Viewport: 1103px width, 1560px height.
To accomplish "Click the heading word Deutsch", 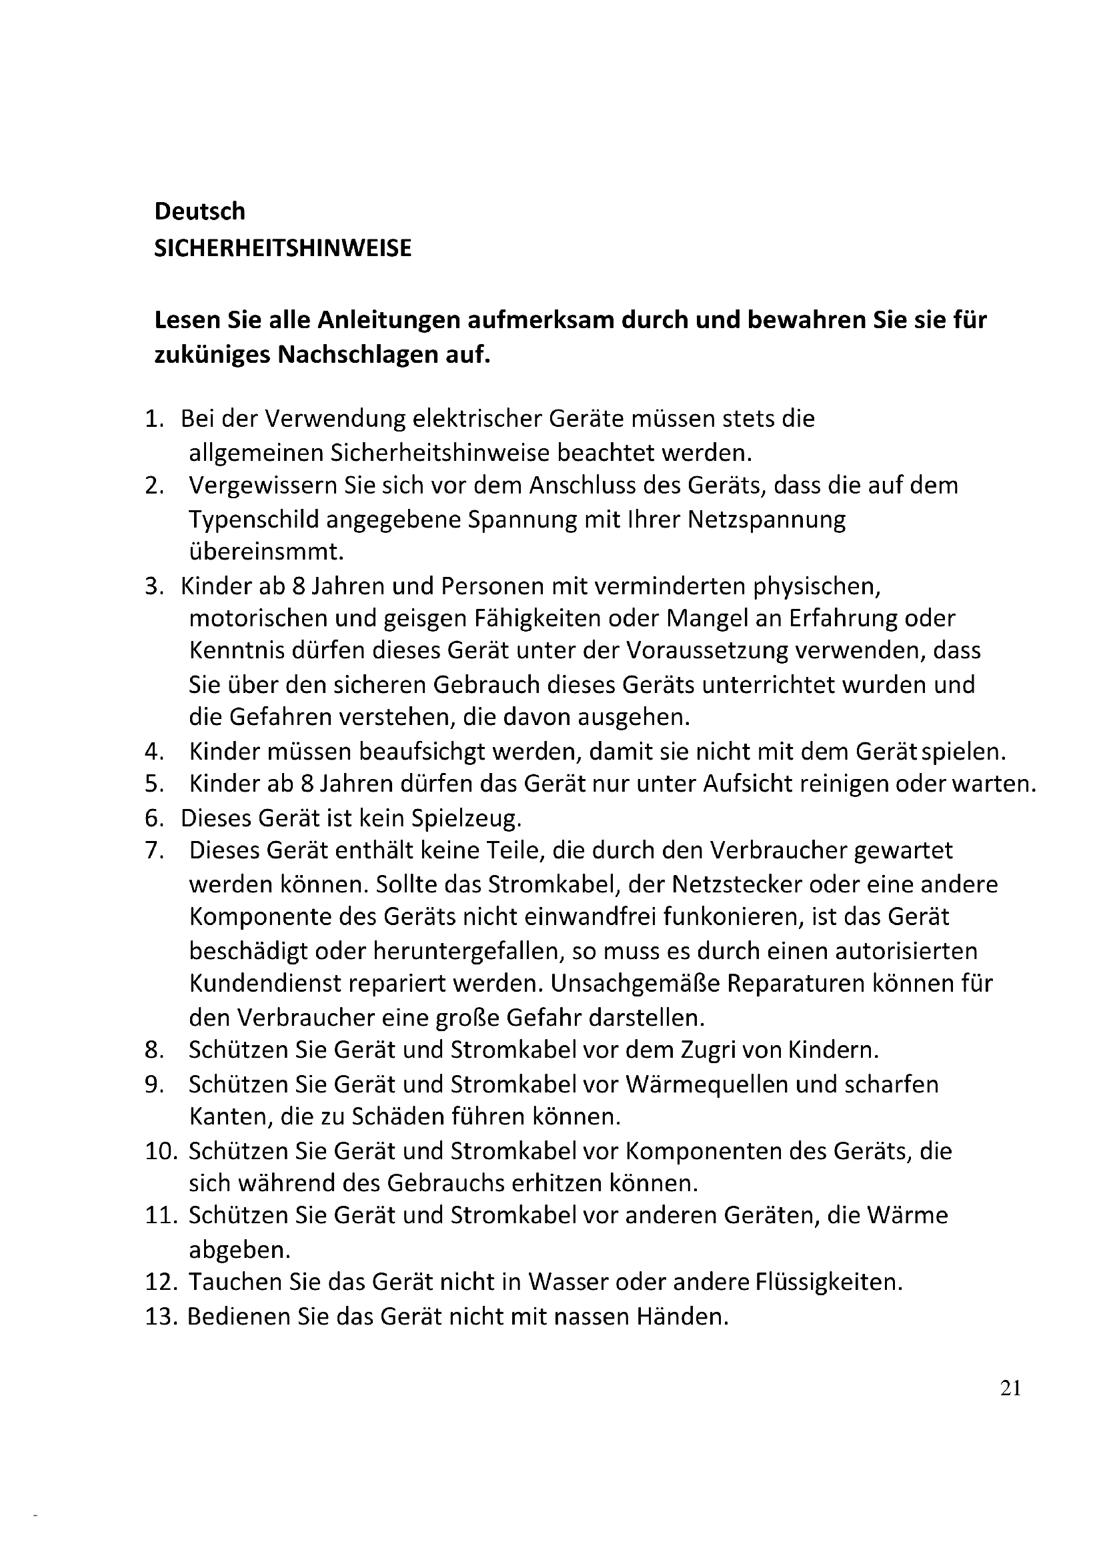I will click(199, 211).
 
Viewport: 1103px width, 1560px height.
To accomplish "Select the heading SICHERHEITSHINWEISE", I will click(283, 249).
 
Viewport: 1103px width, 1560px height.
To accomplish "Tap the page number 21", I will click(1010, 1388).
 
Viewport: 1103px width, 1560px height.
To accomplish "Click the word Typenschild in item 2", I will click(254, 520).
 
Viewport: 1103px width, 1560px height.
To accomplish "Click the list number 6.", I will click(154, 818).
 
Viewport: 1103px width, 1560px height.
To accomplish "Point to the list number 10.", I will click(160, 1151).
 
